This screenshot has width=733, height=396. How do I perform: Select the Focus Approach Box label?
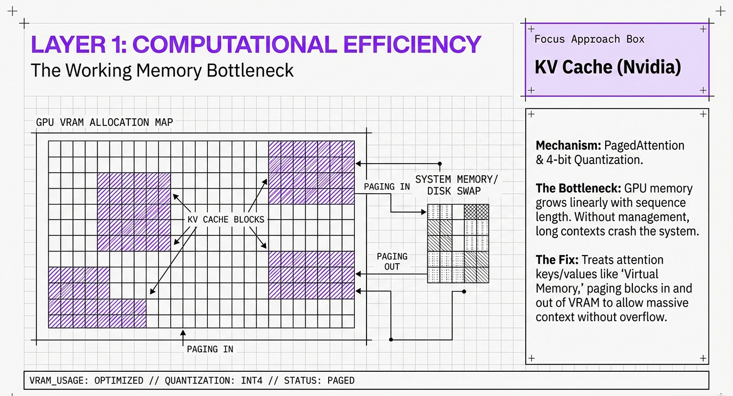coord(589,39)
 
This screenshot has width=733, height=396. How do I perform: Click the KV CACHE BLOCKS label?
coord(226,219)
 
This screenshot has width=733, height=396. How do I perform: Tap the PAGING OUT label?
coord(392,261)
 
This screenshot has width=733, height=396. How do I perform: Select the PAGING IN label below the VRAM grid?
coord(210,349)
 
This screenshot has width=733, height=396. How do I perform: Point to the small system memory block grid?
coord(458,243)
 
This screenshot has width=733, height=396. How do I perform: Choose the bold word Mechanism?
coord(568,146)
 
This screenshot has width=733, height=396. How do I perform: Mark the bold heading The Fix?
coord(556,260)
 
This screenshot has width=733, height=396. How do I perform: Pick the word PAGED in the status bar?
coord(341,380)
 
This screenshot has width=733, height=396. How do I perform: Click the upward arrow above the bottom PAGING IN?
coord(183,336)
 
